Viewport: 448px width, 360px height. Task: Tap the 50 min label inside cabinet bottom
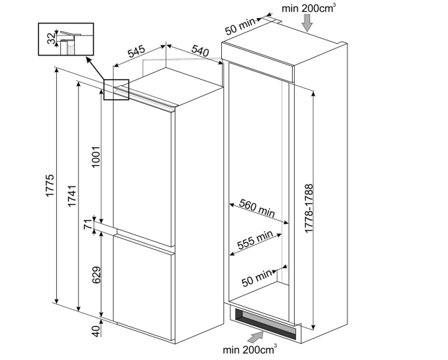click(258, 277)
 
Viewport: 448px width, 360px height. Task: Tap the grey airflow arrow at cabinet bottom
click(256, 337)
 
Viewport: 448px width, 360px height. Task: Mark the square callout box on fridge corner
click(117, 89)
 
